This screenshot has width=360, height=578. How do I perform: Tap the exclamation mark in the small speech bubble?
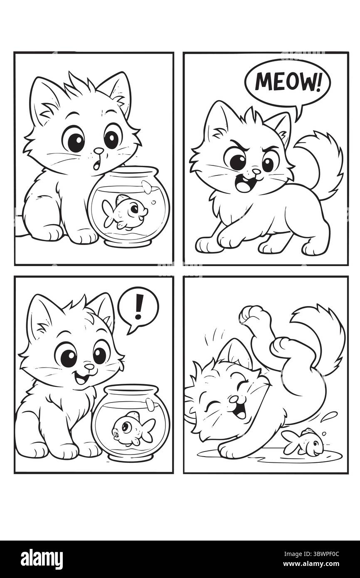139,306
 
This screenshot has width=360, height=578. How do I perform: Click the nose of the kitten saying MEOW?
256,171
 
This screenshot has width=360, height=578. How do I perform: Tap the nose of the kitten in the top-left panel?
98,151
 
